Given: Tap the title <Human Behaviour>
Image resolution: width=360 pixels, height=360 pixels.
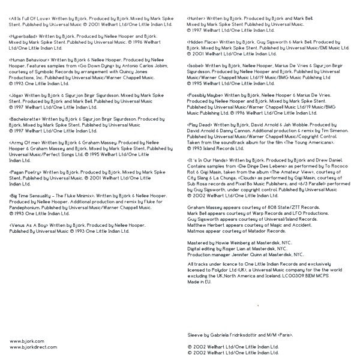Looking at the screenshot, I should (28, 61).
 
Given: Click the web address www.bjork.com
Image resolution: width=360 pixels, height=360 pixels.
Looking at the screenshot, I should (23, 340).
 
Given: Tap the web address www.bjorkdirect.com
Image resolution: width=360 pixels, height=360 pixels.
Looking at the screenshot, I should (29, 346).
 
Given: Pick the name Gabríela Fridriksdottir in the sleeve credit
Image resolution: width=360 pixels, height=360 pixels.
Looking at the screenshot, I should (230, 332).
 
